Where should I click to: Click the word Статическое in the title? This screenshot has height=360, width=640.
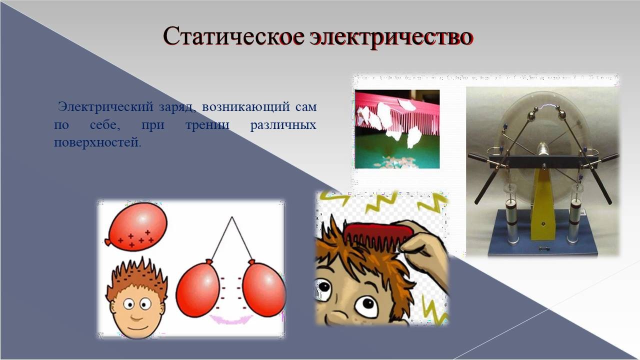pyautogui.click(x=233, y=37)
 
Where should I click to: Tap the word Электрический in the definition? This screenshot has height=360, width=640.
pyautogui.click(x=105, y=107)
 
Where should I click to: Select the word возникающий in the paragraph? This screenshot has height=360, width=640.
pyautogui.click(x=245, y=107)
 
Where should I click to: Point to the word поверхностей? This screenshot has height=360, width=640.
pyautogui.click(x=97, y=142)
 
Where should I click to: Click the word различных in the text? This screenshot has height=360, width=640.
pyautogui.click(x=283, y=125)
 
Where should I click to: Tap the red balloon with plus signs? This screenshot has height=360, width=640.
pyautogui.click(x=136, y=227)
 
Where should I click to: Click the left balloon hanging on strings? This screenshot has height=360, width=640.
pyautogui.click(x=197, y=288)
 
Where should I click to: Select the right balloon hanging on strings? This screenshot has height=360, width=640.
pyautogui.click(x=264, y=288)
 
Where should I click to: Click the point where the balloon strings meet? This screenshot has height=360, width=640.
pyautogui.click(x=231, y=217)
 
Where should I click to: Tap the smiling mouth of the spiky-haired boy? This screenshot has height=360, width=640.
pyautogui.click(x=136, y=318)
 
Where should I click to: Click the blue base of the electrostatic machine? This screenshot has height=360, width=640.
pyautogui.click(x=543, y=234)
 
